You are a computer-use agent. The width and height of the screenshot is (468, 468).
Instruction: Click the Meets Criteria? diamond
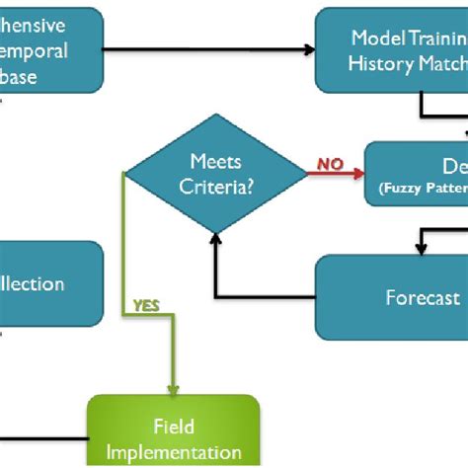214,174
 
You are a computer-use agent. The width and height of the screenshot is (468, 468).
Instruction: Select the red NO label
330,165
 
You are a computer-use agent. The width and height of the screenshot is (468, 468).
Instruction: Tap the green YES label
145,305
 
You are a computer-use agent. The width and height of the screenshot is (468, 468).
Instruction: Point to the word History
381,62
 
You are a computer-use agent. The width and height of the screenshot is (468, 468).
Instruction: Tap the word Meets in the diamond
214,161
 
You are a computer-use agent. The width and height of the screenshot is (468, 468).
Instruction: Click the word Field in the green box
174,427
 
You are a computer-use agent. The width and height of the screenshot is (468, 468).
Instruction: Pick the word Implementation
174,452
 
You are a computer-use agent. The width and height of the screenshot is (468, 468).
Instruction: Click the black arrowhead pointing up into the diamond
215,242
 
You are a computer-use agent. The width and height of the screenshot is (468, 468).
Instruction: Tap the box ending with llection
49,284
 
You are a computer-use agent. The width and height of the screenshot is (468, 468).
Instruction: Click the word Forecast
423,297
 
